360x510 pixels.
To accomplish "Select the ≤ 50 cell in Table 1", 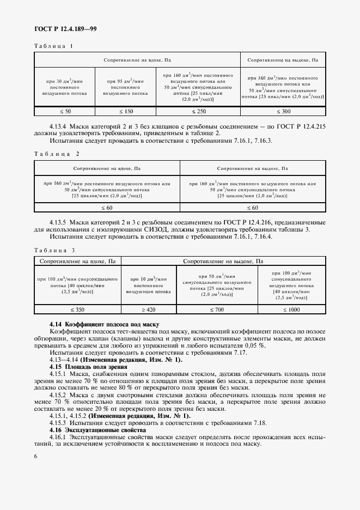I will [x=64, y=111].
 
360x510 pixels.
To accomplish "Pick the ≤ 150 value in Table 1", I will [x=125, y=111].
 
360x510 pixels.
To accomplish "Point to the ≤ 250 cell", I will [x=198, y=111].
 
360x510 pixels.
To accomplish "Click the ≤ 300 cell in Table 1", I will [x=283, y=111].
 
